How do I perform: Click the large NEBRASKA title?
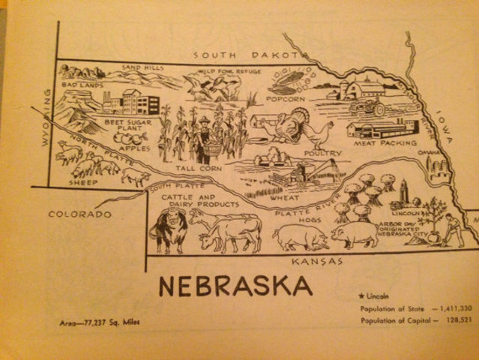click(x=236, y=287)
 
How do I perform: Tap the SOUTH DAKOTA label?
click(x=247, y=55)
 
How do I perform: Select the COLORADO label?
click(x=80, y=214)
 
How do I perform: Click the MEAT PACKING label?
click(x=379, y=142)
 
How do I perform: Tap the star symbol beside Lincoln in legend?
click(x=363, y=295)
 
